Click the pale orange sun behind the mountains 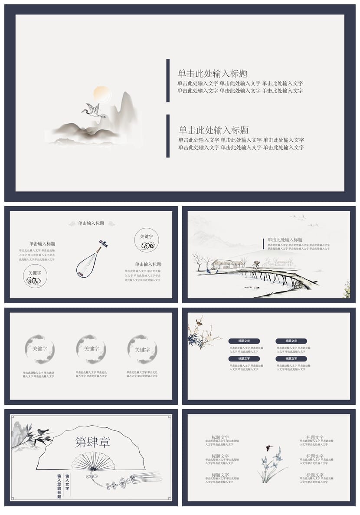click(100, 93)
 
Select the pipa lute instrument click(91, 259)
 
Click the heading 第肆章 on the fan click(93, 442)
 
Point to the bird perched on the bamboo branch click(42, 432)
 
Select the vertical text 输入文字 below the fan click(67, 482)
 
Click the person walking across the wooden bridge click(256, 264)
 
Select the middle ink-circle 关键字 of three click(91, 349)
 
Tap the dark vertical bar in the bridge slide click(263, 244)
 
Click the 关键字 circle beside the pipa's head click(146, 240)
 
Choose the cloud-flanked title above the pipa click(91, 223)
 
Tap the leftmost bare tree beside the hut click(198, 262)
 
